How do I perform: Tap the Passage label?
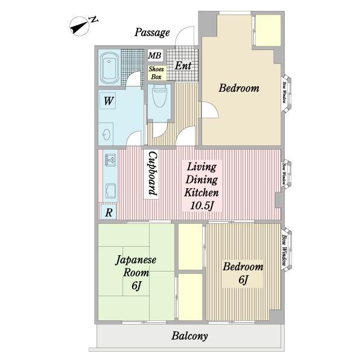tap(152, 33)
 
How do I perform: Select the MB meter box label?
tap(154, 56)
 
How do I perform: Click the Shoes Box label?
tap(156, 73)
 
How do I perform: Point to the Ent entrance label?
tap(183, 66)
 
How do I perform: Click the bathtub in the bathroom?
tap(110, 68)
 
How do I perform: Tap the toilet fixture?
tap(159, 96)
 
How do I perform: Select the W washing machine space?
tap(108, 101)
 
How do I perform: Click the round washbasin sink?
tap(107, 135)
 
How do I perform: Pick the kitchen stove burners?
tap(110, 160)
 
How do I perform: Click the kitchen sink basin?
tap(110, 191)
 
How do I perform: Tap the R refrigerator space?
tap(109, 212)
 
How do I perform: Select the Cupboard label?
tap(153, 173)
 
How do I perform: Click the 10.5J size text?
tap(202, 206)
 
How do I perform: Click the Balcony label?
tap(189, 337)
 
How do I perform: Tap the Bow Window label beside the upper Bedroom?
tap(284, 92)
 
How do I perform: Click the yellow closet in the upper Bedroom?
tap(268, 31)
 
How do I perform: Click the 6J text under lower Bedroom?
tap(243, 280)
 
